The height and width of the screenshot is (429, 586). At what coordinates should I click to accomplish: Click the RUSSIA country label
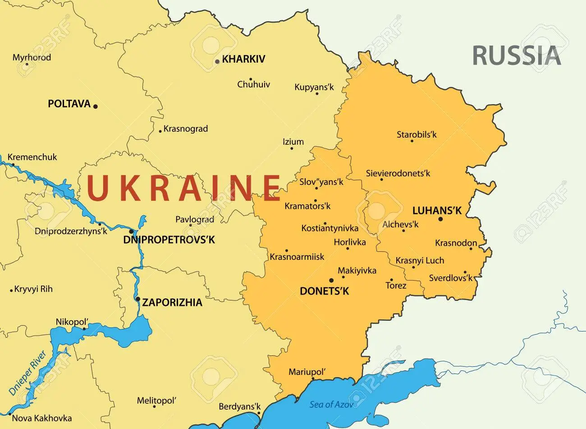516,55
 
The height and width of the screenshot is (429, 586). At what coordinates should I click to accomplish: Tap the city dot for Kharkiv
217,61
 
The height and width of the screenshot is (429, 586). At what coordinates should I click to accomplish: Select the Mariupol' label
307,372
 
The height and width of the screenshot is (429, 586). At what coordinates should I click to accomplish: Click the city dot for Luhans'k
440,219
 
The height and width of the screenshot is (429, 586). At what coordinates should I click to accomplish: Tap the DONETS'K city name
325,291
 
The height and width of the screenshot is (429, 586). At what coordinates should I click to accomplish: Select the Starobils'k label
417,134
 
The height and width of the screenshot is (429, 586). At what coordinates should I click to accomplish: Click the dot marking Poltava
96,106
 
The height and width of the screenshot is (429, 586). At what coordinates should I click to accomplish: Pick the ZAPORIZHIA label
172,302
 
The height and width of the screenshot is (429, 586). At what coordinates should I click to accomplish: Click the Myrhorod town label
32,57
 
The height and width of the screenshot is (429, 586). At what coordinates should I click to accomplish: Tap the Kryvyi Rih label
33,289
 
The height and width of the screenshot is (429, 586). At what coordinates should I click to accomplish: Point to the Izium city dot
291,148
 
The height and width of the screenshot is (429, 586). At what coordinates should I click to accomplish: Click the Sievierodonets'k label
398,173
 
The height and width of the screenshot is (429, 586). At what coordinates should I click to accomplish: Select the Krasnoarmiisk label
297,257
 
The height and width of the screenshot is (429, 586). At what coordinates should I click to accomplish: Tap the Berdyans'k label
239,406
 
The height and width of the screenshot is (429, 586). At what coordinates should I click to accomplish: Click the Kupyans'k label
314,87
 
